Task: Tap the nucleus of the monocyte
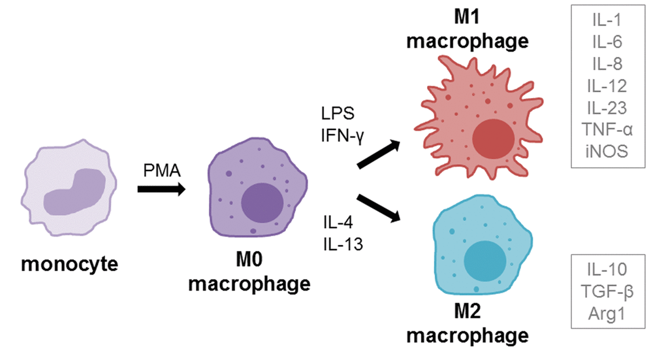(x=73, y=192)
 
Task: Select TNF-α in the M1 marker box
(x=608, y=129)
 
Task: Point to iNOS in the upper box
(x=608, y=150)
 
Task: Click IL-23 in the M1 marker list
(x=608, y=107)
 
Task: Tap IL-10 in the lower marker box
(x=608, y=269)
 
